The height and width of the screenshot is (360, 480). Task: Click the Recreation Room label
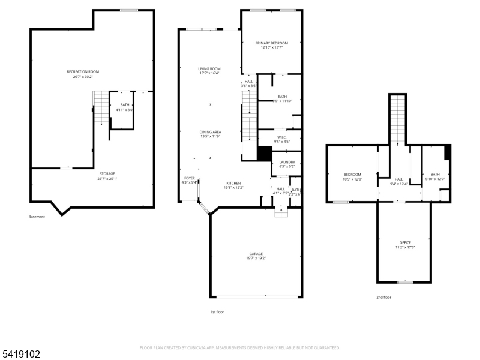pos(82,74)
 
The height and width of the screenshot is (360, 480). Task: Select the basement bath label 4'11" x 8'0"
pos(124,107)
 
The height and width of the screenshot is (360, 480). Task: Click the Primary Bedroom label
pos(271,45)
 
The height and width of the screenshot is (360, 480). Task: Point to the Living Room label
pos(209,71)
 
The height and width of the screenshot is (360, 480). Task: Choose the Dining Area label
pos(211,134)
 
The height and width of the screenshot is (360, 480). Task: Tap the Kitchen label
pos(233,185)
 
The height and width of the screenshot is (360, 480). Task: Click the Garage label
pos(256,256)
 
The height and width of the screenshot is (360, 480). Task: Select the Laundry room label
pos(286,163)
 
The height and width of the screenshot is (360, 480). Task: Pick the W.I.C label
pos(282,139)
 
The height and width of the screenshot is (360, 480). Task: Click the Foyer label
pos(189,180)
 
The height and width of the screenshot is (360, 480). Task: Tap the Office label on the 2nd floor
pos(405,245)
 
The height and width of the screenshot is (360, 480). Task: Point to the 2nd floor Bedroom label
pos(352,176)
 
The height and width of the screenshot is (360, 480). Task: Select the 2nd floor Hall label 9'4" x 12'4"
pos(398,181)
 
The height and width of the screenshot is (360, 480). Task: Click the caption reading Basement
pos(37,217)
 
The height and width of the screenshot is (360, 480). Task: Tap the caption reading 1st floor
pos(217,311)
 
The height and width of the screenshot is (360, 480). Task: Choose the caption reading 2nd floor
pos(383,298)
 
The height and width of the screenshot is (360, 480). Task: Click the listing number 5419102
pos(20,354)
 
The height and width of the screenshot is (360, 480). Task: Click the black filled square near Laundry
pos(264,153)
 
